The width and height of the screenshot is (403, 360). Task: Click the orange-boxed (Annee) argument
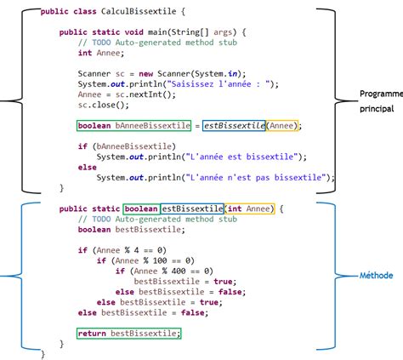point(285,126)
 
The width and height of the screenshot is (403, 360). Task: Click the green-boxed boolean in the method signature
point(140,209)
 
